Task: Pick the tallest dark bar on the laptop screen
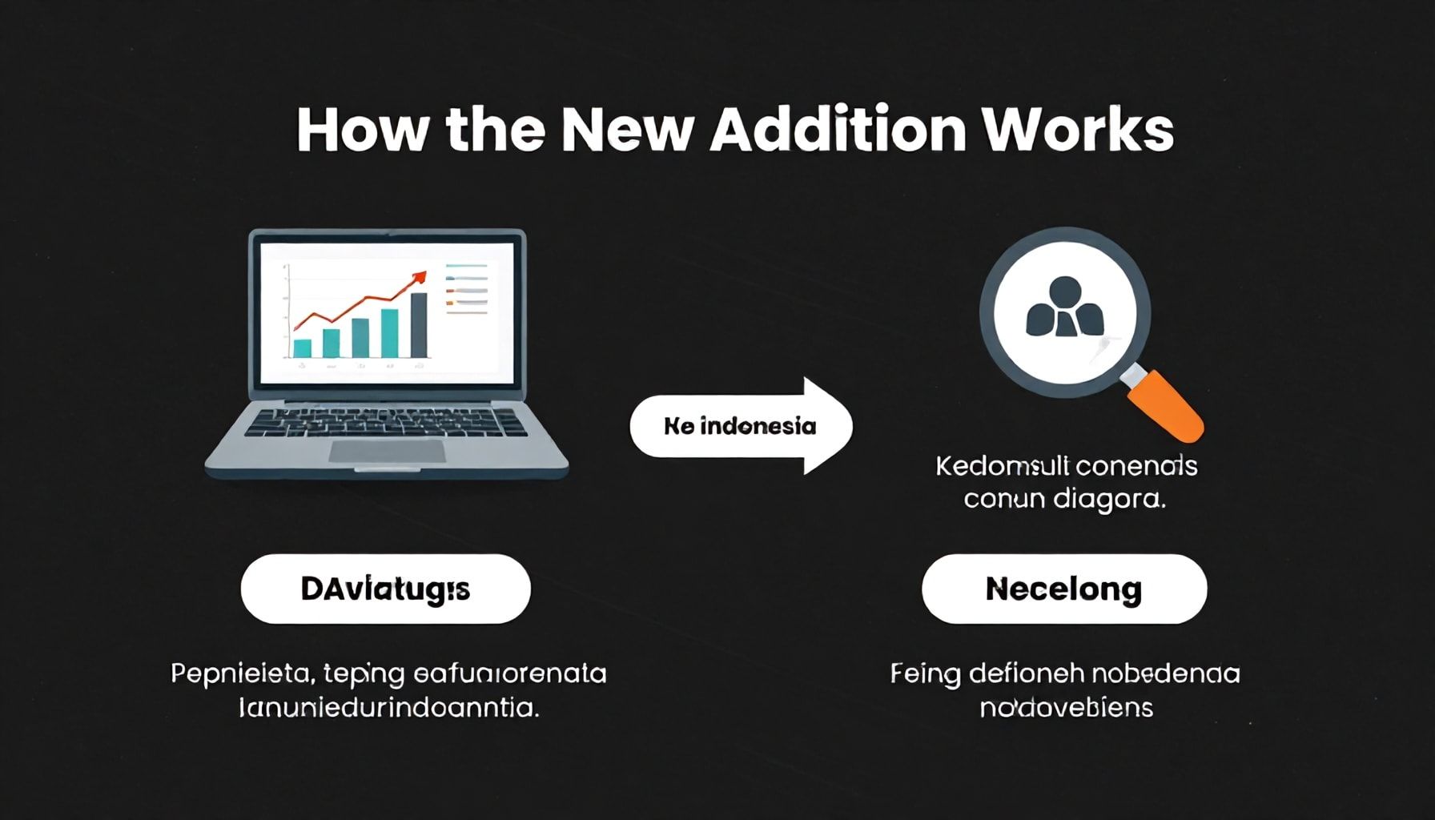pyautogui.click(x=418, y=324)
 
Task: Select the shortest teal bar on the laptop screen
pyautogui.click(x=302, y=348)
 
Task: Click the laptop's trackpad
pyautogui.click(x=387, y=451)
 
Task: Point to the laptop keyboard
pyautogui.click(x=387, y=421)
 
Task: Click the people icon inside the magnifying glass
pyautogui.click(x=1064, y=307)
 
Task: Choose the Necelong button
pyautogui.click(x=1063, y=589)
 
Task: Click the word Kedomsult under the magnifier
pyautogui.click(x=999, y=466)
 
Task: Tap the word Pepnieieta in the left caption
pyautogui.click(x=239, y=673)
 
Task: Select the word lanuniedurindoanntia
pyautogui.click(x=388, y=708)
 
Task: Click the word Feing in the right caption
pyautogui.click(x=925, y=673)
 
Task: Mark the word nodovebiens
pyautogui.click(x=1066, y=708)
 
